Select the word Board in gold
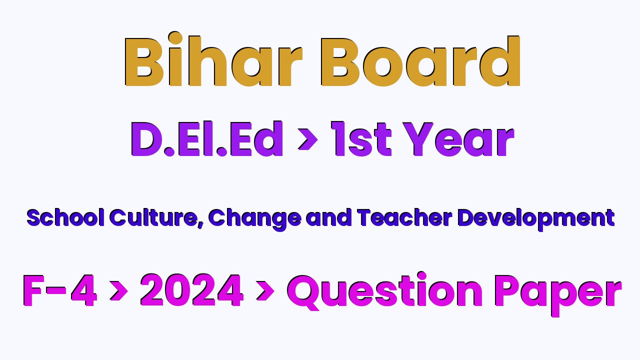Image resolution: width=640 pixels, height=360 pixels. coord(420,61)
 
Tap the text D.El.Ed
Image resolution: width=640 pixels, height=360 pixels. coord(207,139)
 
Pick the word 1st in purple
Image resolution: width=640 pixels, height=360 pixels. coord(361,139)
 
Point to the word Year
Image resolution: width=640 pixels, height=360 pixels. coord(459,139)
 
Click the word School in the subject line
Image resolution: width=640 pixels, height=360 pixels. coord(65,217)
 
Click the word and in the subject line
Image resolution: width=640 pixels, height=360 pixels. coord(328,217)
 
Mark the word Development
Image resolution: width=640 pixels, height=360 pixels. coord(536,219)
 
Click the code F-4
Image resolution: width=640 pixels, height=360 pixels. coord(59,290)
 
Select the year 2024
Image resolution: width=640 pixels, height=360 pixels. coord(191,290)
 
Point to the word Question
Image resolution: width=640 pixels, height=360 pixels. coord(385,291)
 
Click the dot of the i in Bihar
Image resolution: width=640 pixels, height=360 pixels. coord(175,38)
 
